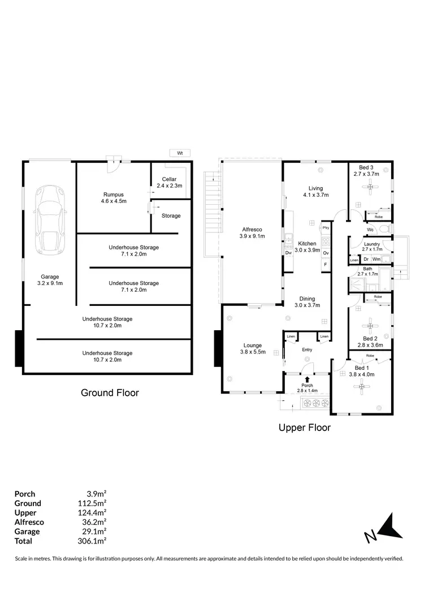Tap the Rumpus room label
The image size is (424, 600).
click(x=113, y=197)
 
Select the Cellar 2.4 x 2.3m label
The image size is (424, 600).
click(x=169, y=182)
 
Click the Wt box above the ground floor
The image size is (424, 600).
click(x=180, y=153)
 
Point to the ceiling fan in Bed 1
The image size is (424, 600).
click(x=362, y=387)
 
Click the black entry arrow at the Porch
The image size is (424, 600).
click(x=307, y=380)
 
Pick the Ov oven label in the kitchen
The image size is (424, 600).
click(x=326, y=253)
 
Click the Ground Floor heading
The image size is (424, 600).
click(x=110, y=392)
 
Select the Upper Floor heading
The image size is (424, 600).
click(x=304, y=428)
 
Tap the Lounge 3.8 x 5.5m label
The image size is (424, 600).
click(x=253, y=348)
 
